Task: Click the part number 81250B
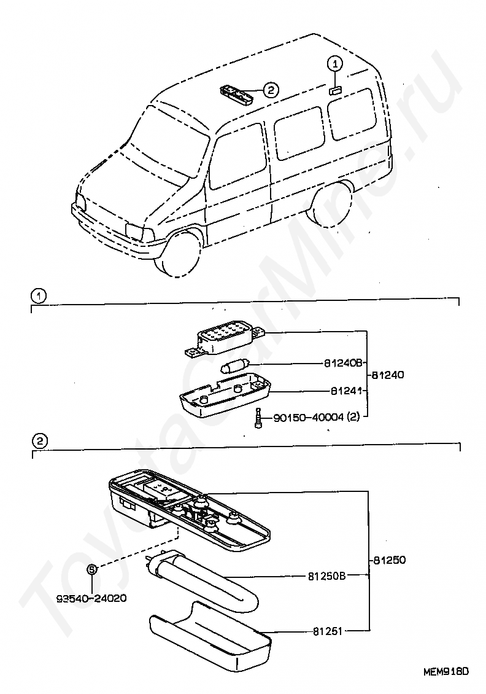pyautogui.click(x=327, y=576)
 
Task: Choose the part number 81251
pyautogui.click(x=327, y=630)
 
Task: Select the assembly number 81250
pyautogui.click(x=389, y=560)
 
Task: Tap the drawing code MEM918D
pyautogui.click(x=445, y=671)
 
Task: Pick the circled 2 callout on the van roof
pyautogui.click(x=271, y=90)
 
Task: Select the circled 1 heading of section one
pyautogui.click(x=38, y=297)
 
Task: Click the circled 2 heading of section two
pyautogui.click(x=38, y=440)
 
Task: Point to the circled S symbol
pyautogui.click(x=91, y=569)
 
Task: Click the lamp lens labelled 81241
pyautogui.click(x=225, y=397)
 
